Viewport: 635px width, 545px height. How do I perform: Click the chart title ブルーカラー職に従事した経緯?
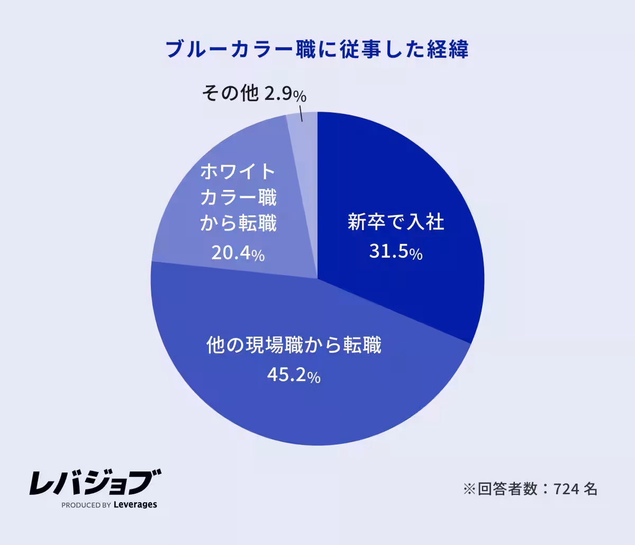(317, 50)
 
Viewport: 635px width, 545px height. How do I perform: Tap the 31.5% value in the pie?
(395, 253)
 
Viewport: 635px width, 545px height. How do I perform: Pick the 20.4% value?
(238, 254)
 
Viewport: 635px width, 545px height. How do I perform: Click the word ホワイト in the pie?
(238, 171)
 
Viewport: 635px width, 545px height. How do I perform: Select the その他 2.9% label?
(254, 95)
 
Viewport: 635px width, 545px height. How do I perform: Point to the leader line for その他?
(301, 114)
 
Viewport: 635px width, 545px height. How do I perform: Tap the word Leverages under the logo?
(135, 505)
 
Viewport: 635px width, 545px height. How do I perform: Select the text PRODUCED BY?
(86, 505)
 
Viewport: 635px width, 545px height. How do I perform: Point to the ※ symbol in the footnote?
(469, 488)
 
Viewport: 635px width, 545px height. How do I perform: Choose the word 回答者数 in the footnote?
(506, 488)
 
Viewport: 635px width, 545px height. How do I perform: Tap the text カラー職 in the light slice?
(238, 198)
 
